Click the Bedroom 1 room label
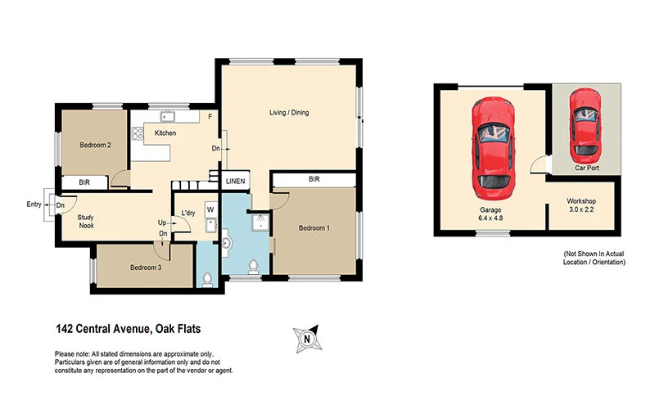[314, 227]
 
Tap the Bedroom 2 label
[95, 145]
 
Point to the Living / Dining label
[289, 113]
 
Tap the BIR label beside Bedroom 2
[84, 182]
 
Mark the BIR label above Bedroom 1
[314, 178]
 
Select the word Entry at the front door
[34, 204]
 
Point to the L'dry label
[187, 213]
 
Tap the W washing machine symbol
[210, 209]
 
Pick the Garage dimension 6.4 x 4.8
[490, 219]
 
